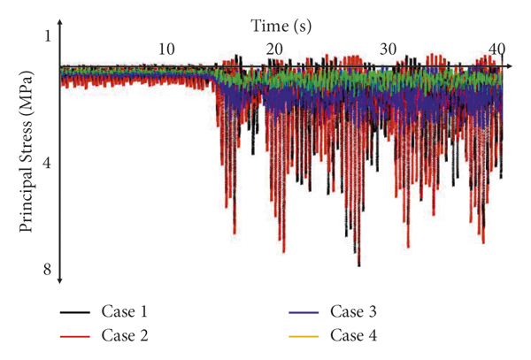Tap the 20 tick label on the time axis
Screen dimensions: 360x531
pos(275,48)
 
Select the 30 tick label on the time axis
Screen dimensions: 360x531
pos(387,48)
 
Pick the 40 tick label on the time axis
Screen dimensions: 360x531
pos(496,48)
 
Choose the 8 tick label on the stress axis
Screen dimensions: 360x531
pos(49,269)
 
